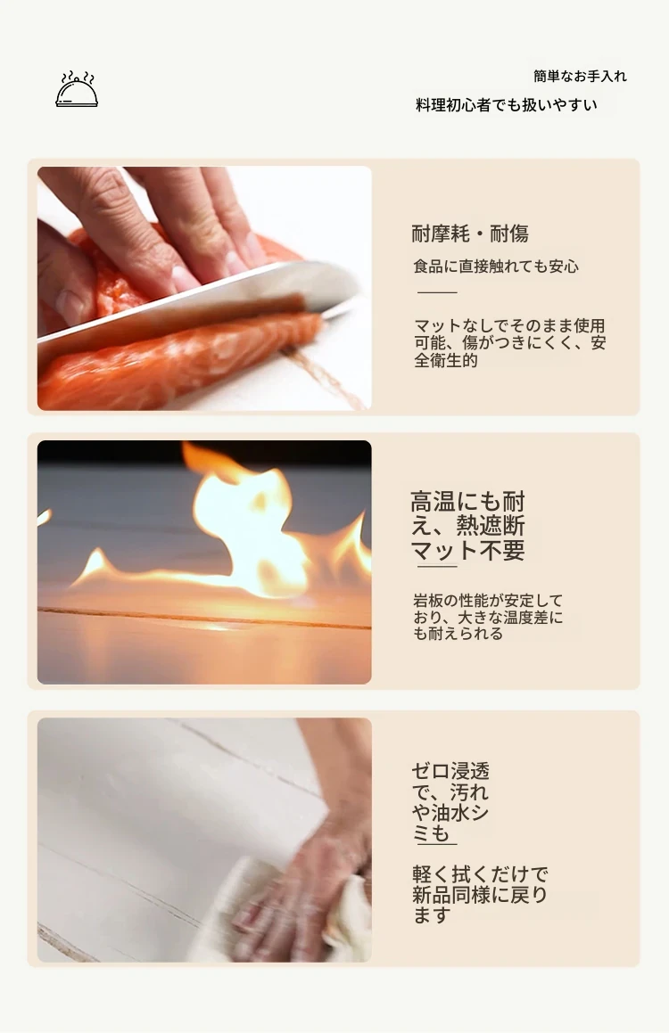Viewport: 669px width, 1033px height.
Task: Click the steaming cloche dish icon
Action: pos(77,90)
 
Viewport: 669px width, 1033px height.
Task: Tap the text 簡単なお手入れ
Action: pos(580,77)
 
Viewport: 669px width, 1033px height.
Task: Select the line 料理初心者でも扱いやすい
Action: pos(506,105)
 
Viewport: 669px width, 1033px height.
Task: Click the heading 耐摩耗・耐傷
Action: pos(470,234)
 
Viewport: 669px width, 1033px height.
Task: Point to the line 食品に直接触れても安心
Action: pos(496,266)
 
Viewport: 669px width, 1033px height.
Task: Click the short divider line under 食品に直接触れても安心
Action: pos(437,291)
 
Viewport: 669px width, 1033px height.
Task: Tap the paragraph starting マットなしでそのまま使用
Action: pos(509,342)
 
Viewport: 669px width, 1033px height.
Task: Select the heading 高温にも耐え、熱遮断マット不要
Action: pos(468,526)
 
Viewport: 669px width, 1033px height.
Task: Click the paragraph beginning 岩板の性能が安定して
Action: pos(488,618)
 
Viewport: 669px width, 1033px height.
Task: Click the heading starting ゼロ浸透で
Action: pos(450,802)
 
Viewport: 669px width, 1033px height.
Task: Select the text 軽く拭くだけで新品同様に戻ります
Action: pos(480,895)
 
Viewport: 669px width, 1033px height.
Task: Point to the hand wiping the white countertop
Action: pos(310,876)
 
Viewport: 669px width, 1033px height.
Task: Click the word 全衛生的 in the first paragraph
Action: pos(446,360)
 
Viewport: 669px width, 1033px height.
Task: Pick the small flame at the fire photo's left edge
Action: pos(44,516)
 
